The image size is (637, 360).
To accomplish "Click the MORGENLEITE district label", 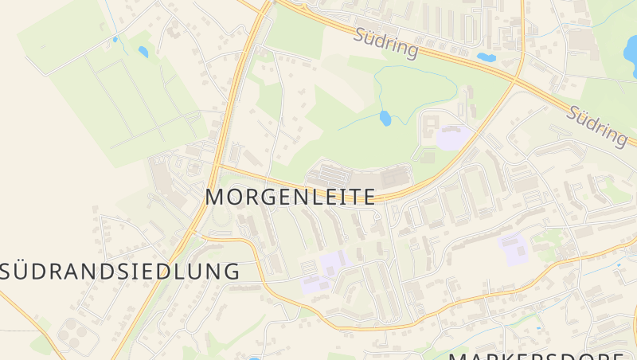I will tap(290, 197).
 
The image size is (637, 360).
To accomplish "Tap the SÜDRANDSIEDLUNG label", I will tap(119, 271).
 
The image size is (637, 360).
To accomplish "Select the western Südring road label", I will tap(385, 45).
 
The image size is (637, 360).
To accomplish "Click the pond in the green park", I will tap(385, 119).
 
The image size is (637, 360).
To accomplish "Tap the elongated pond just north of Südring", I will tap(485, 57).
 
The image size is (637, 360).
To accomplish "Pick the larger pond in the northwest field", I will tap(143, 52).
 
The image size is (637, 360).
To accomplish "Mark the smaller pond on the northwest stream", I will tap(115, 38).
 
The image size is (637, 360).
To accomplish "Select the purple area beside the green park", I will tap(451, 137).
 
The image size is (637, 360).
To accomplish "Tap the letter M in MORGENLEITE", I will tap(216, 197).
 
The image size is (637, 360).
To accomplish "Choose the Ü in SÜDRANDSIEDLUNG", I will tap(25, 271).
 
